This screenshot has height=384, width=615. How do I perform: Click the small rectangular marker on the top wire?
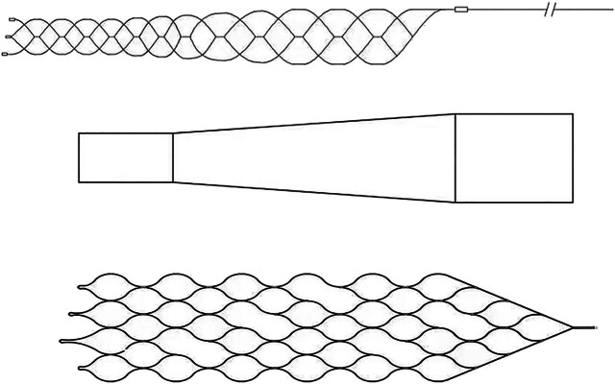[x=461, y=11]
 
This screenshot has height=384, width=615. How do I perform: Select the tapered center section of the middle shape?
[x=312, y=157]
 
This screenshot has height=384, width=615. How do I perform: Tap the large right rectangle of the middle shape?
[x=514, y=157]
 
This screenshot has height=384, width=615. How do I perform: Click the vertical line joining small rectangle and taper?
[x=173, y=157]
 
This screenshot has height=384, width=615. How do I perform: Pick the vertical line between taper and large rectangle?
[x=455, y=157]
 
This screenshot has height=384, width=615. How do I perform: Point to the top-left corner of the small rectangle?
[x=78, y=133]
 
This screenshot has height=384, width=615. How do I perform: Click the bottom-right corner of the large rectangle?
[x=573, y=203]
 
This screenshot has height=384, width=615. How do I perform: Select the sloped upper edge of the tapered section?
[x=312, y=123]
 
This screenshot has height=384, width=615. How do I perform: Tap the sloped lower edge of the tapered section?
[x=312, y=192]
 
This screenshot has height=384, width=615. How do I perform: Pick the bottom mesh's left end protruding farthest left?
[x=61, y=341]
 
